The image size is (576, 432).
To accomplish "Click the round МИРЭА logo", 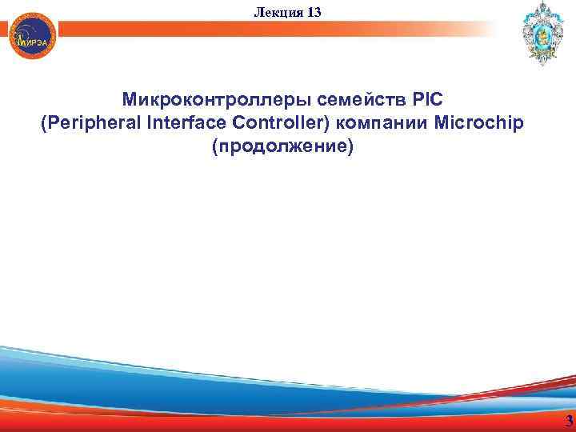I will click(34, 34).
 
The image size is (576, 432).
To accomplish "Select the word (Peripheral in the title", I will click(88, 124).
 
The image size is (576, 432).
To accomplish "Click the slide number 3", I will click(568, 422).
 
